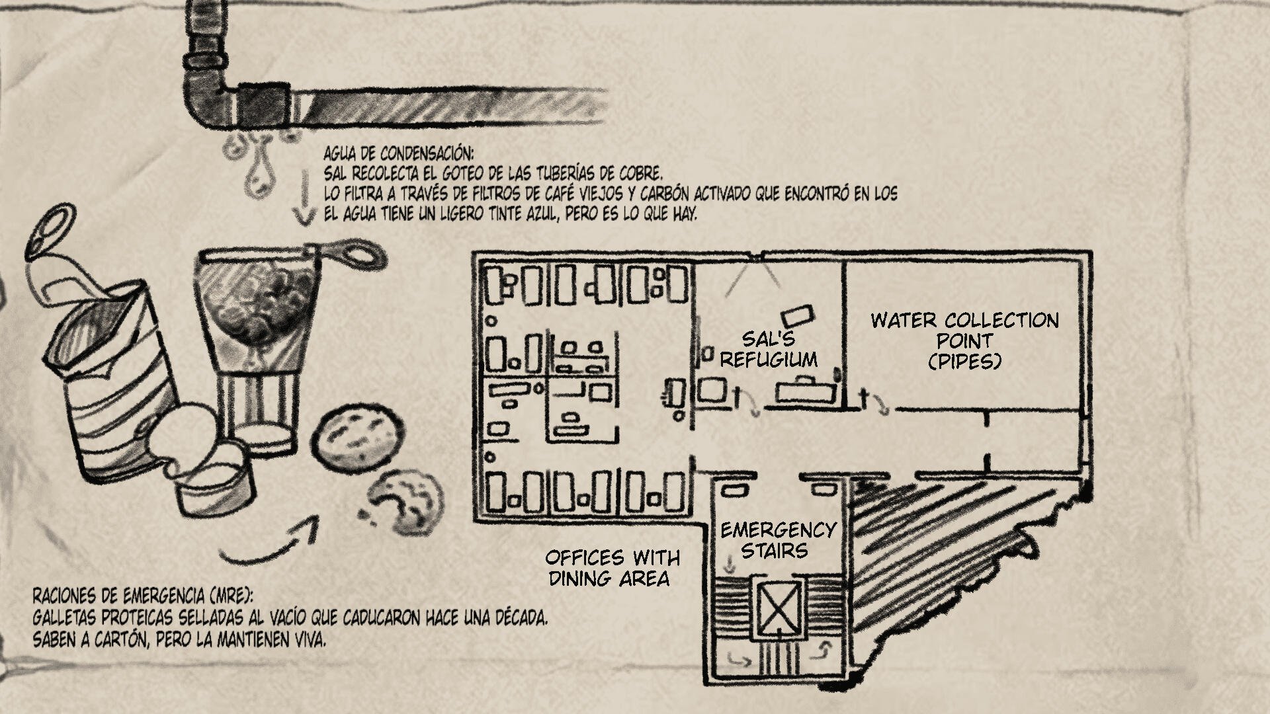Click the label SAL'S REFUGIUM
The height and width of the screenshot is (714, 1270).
[768, 349]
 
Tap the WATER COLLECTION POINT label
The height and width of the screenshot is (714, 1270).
[964, 340]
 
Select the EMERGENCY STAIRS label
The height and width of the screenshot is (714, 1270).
[777, 540]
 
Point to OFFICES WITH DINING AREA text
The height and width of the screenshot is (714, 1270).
[612, 567]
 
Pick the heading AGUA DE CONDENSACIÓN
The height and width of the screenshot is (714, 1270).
[398, 154]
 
